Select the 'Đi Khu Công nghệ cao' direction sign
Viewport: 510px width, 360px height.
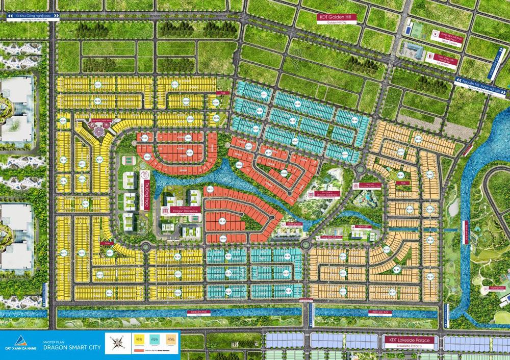pyautogui.click(x=31, y=17)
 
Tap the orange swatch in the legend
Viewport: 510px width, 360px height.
pyautogui.click(x=171, y=339)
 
